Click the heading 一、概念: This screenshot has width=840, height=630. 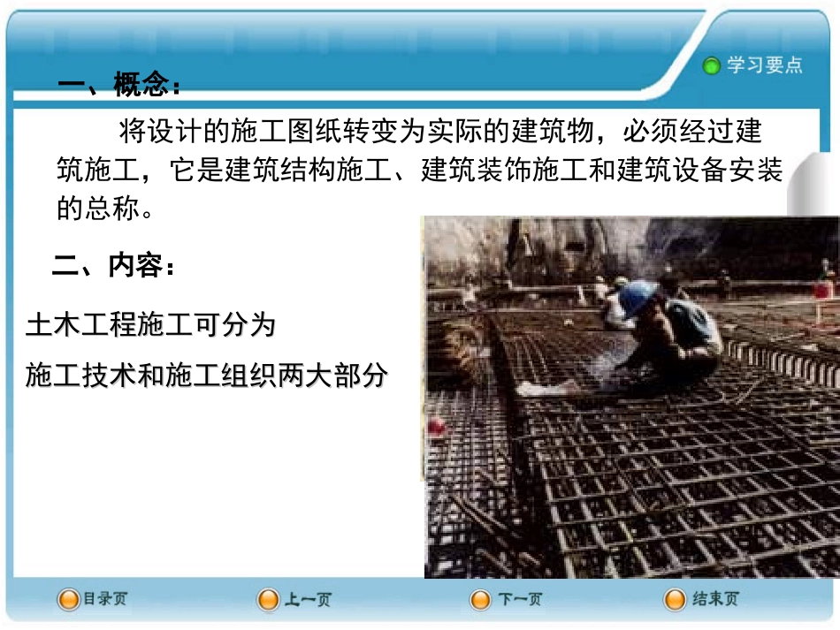[x=119, y=86]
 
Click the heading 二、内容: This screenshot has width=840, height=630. [x=114, y=265]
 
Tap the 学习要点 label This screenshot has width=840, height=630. [x=765, y=65]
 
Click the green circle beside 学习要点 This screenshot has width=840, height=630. [x=712, y=66]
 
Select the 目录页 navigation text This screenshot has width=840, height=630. [x=105, y=599]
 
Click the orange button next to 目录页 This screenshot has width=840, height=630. [x=68, y=600]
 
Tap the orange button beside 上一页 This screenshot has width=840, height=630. [x=268, y=601]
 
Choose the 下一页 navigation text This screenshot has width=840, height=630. [x=519, y=600]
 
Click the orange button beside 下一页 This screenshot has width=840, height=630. [x=481, y=601]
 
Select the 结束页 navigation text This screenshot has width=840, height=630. [x=715, y=599]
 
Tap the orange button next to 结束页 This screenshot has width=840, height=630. [x=676, y=600]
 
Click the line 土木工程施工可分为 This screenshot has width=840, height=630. [x=151, y=326]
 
